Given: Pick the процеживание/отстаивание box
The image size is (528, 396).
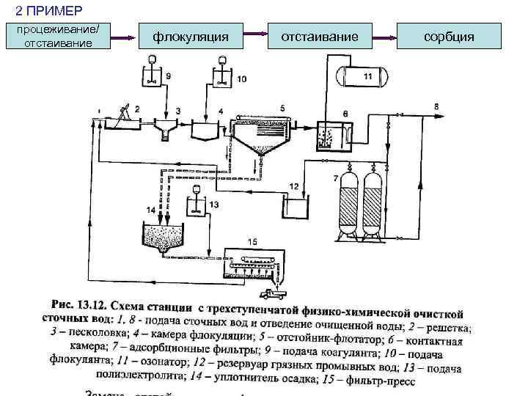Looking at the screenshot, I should coord(58,36).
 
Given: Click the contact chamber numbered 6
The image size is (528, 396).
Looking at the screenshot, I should coord(335,133).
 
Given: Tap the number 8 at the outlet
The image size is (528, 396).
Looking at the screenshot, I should coord(437,107).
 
